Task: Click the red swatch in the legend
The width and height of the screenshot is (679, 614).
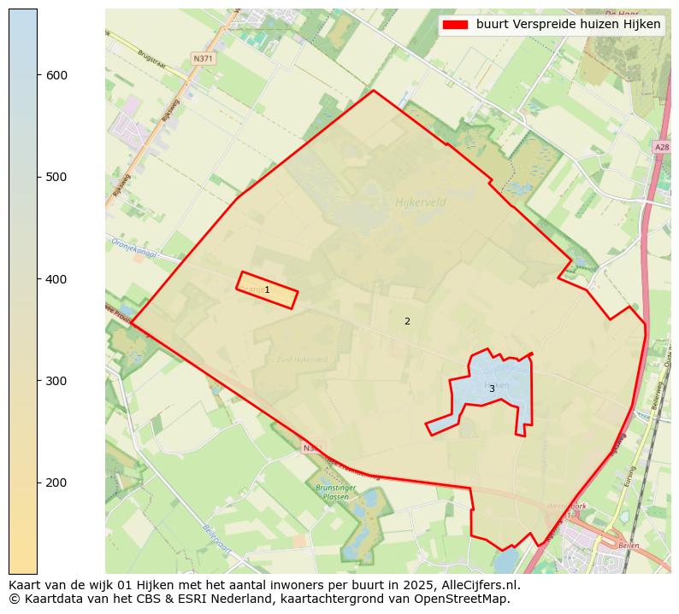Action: pyautogui.click(x=456, y=25)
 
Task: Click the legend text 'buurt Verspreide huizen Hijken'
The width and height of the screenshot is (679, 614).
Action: pyautogui.click(x=569, y=25)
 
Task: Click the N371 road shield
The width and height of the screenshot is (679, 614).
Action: pyautogui.click(x=203, y=59)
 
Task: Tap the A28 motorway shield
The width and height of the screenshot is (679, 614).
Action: pyautogui.click(x=661, y=148)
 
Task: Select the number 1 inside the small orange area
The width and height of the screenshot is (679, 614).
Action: pyautogui.click(x=267, y=290)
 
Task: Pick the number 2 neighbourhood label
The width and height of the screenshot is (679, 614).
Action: pyautogui.click(x=407, y=322)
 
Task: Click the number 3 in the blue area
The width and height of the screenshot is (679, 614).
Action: pyautogui.click(x=492, y=389)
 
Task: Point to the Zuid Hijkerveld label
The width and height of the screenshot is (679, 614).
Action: pyautogui.click(x=302, y=360)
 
